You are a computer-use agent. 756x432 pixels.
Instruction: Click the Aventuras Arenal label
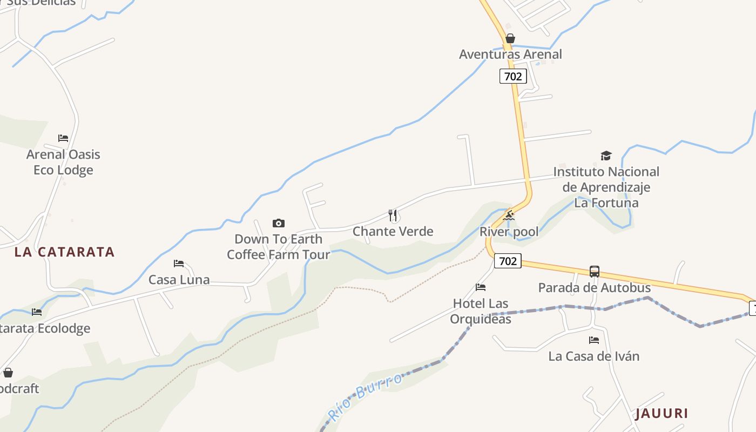pyautogui.click(x=510, y=54)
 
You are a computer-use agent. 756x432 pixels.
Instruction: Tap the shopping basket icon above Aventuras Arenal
pyautogui.click(x=510, y=38)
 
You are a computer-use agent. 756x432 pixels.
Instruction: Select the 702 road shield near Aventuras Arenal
pyautogui.click(x=512, y=76)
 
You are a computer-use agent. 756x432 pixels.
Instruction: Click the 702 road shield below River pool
pyautogui.click(x=508, y=261)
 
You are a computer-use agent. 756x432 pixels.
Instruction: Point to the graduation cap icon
pyautogui.click(x=606, y=156)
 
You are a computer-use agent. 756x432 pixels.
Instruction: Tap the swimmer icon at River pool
pyautogui.click(x=509, y=216)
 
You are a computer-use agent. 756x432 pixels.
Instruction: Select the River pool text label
pyautogui.click(x=509, y=232)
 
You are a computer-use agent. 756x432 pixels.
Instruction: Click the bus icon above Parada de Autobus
pyautogui.click(x=594, y=272)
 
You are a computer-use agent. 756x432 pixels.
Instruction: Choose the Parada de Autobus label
pyautogui.click(x=594, y=287)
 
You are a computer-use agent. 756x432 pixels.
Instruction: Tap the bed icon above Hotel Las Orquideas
pyautogui.click(x=481, y=287)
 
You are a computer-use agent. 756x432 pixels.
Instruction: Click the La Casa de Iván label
pyautogui.click(x=593, y=356)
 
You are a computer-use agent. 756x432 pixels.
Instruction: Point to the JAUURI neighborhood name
pyautogui.click(x=661, y=414)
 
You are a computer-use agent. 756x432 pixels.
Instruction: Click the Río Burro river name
pyautogui.click(x=365, y=396)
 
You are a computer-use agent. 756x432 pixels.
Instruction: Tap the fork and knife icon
pyautogui.click(x=393, y=216)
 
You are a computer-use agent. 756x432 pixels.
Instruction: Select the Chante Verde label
pyautogui.click(x=393, y=232)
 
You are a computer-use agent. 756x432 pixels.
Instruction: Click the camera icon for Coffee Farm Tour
pyautogui.click(x=278, y=223)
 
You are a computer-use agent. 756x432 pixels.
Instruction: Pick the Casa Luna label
pyautogui.click(x=179, y=280)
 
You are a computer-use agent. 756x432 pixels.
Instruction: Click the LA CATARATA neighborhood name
pyautogui.click(x=64, y=252)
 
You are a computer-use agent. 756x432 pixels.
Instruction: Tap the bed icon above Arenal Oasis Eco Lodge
pyautogui.click(x=63, y=138)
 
